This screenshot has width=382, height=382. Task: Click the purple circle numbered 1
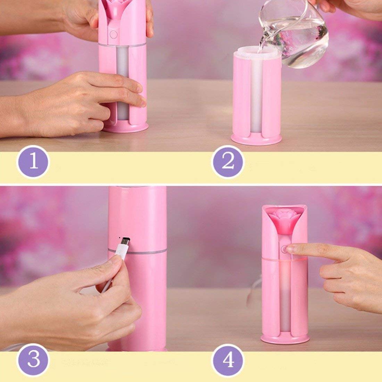coord(33,162)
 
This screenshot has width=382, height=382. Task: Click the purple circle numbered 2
coord(228,162)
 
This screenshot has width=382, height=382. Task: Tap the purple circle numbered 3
coord(33,360)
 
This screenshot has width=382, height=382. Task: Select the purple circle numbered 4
coord(228,360)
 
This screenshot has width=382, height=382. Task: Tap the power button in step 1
coord(113,34)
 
